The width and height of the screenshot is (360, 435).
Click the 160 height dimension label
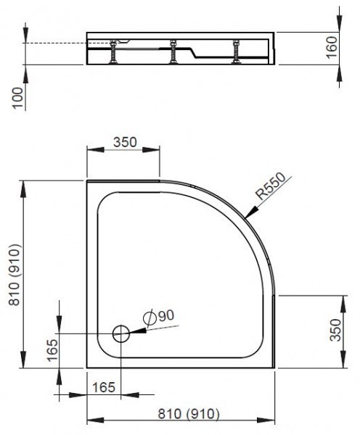pyautogui.click(x=330, y=48)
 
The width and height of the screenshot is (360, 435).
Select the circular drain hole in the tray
pyautogui.click(x=121, y=334)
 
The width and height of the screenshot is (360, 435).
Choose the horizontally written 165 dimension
pyautogui.click(x=106, y=386)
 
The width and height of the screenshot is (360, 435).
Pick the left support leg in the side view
pyautogui.click(x=114, y=54)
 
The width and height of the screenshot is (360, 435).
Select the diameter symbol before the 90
pyautogui.click(x=149, y=317)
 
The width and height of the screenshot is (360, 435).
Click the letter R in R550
pyautogui.click(x=259, y=196)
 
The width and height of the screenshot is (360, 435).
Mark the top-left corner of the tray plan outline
pyautogui.click(x=88, y=182)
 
